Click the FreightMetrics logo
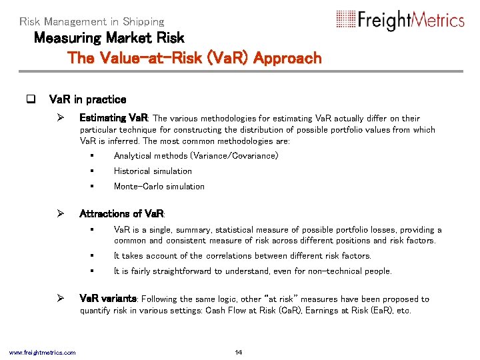(400, 20)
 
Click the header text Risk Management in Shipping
(92, 22)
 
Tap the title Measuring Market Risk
(109, 38)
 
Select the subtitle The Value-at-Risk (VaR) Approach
(195, 58)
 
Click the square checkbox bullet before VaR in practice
(30, 100)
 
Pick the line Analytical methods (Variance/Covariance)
(196, 156)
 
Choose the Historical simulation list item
(153, 171)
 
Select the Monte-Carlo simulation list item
(159, 187)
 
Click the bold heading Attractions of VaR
(121, 214)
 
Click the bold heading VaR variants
(108, 299)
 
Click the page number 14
(239, 352)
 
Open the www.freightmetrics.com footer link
(42, 352)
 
